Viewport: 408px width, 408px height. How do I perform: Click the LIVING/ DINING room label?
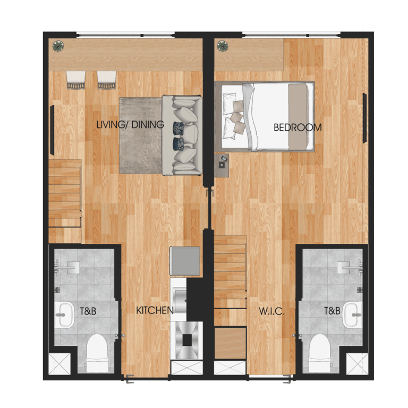pyautogui.click(x=130, y=125)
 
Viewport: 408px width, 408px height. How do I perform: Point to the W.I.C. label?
pyautogui.click(x=272, y=311)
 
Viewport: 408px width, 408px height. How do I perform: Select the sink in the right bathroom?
pyautogui.click(x=352, y=314)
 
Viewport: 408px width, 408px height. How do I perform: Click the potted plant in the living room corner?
pyautogui.click(x=57, y=46)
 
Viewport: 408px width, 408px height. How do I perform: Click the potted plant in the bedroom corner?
pyautogui.click(x=222, y=46)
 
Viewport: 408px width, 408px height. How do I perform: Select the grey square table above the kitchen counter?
pyautogui.click(x=184, y=261)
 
